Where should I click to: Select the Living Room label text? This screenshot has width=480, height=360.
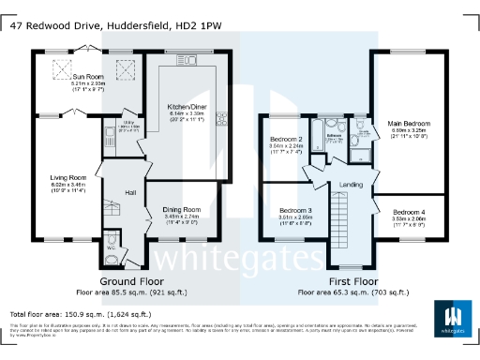(x=68, y=175)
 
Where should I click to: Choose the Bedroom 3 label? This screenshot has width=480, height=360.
(x=296, y=209)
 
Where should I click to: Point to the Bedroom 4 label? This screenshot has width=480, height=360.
(x=409, y=212)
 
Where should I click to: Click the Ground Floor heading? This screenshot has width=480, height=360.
(x=131, y=280)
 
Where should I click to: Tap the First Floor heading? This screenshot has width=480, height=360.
(x=352, y=280)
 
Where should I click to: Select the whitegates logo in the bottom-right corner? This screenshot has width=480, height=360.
(x=453, y=319)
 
